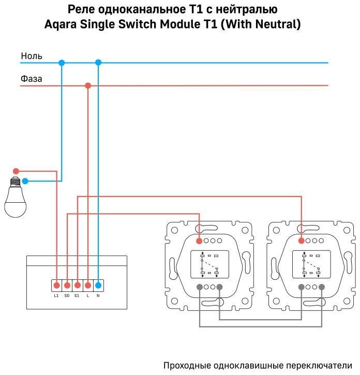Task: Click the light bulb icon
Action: pos(16,200)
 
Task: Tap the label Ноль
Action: pos(32,56)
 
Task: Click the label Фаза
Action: pos(32,79)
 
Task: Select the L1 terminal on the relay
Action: pos(56,285)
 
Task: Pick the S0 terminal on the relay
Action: pos(67,285)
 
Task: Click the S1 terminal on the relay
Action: pos(77,285)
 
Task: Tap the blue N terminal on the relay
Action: pos(98,285)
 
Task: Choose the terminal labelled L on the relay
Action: pos(88,285)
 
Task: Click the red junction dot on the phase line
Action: pos(88,85)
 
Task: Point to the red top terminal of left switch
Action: pos(199,241)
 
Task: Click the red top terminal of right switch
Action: pos(301,241)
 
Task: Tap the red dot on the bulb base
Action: pos(16,171)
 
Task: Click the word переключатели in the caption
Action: pos(319,366)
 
